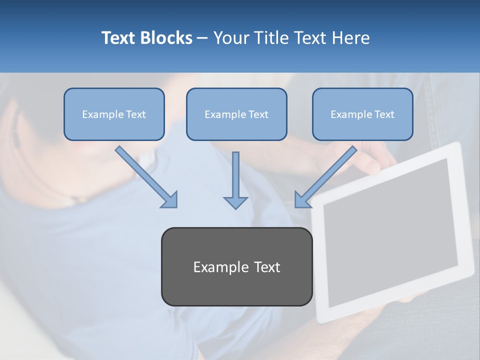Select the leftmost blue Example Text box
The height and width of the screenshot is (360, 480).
114,114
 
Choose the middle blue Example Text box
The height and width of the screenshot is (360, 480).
236,114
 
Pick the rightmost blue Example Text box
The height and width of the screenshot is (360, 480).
362,114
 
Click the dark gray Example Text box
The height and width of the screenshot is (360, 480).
236,267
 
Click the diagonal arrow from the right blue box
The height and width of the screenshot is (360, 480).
327,175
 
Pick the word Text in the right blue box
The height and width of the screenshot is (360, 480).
384,114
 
